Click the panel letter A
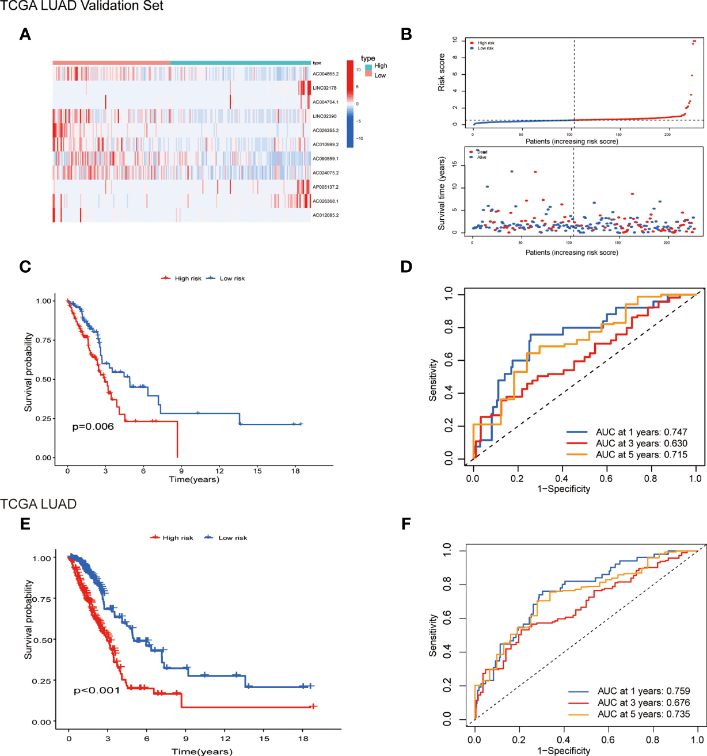click(25, 35)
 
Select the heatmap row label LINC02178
click(325, 88)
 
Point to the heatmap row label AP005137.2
click(325, 187)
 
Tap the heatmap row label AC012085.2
click(325, 215)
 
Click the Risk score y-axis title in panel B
click(442, 72)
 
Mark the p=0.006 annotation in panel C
click(93, 427)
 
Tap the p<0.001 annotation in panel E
click(97, 690)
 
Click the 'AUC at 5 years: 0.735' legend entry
click(643, 715)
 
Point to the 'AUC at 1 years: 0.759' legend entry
click(643, 691)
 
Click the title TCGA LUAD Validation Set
click(82, 6)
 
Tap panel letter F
click(406, 524)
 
